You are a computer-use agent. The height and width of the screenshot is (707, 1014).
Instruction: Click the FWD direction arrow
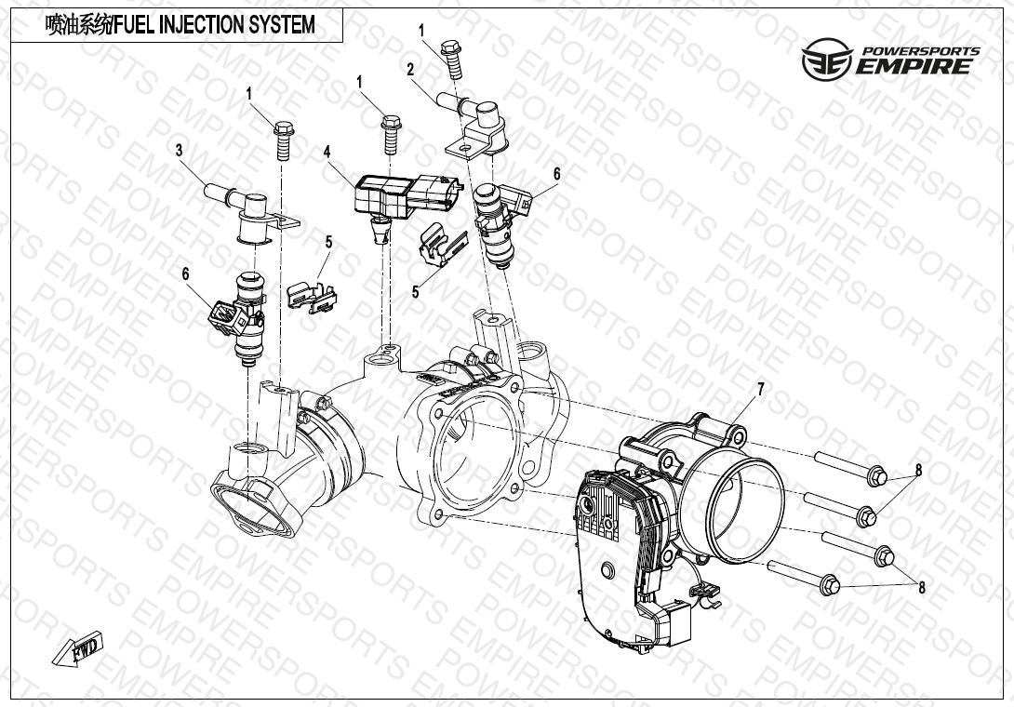pos(76,648)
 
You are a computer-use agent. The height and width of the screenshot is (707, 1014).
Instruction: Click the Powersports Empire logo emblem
pos(827,59)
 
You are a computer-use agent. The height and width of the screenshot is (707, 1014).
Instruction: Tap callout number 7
pos(761,389)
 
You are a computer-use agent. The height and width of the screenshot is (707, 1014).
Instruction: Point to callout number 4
pos(327,152)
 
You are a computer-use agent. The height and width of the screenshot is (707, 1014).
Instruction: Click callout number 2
pos(410,69)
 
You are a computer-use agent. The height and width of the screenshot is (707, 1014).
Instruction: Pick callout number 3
pos(180,151)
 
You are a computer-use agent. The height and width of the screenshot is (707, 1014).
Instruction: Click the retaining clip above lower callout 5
pos(442,245)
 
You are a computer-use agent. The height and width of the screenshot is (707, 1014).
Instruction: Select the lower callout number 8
pos(922,587)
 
